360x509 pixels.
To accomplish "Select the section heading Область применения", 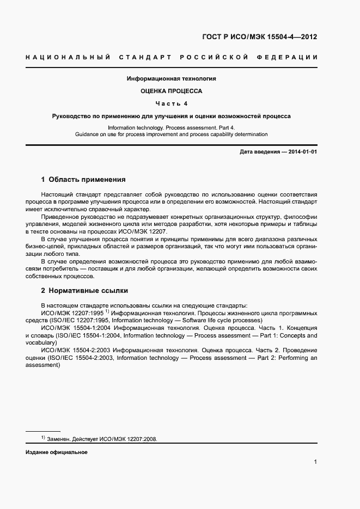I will (87, 179).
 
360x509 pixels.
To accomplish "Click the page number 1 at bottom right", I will (315, 462).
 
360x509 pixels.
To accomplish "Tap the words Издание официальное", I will (57, 452).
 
